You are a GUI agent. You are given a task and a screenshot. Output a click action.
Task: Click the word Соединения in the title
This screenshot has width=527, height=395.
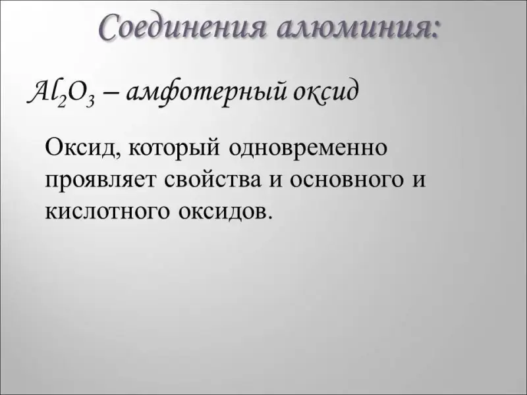184,26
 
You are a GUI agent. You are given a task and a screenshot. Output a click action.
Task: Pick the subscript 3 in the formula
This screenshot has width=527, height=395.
90,101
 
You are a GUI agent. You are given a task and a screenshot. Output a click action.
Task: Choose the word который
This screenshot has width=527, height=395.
175,148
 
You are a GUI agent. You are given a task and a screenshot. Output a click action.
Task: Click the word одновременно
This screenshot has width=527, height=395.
308,147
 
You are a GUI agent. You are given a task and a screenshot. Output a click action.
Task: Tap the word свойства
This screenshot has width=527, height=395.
213,178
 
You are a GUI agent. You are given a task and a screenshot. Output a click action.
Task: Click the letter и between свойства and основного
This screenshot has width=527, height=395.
275,180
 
